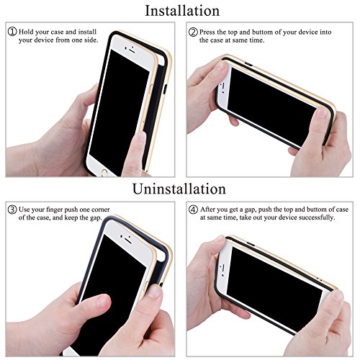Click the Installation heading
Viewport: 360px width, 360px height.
click(182, 11)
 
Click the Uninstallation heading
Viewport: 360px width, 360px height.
click(179, 189)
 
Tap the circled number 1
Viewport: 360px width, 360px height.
click(12, 32)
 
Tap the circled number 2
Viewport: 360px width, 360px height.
click(193, 32)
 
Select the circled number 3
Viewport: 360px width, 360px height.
click(12, 210)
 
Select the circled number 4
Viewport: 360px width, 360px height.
click(193, 210)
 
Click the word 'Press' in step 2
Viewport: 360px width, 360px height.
click(207, 32)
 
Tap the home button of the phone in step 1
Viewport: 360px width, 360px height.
click(104, 172)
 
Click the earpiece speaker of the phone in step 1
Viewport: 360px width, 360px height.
click(132, 51)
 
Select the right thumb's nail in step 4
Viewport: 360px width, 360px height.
click(337, 297)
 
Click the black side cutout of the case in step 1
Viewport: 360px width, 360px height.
click(165, 90)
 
